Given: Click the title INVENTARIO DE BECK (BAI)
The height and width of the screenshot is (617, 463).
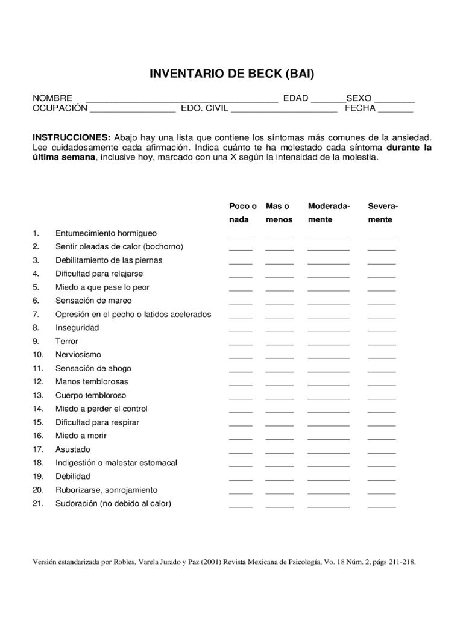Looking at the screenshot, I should pos(232,74).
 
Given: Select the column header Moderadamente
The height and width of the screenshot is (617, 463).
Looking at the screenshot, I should pos(329,213).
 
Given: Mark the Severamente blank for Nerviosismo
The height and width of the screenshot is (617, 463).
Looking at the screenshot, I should pos(382,357).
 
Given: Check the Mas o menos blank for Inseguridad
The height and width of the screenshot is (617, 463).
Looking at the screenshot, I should pos(279,330).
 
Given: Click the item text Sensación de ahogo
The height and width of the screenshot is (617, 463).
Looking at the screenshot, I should pos(93,368).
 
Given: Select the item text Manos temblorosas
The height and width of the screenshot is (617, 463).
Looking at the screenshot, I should pos(92,381).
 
